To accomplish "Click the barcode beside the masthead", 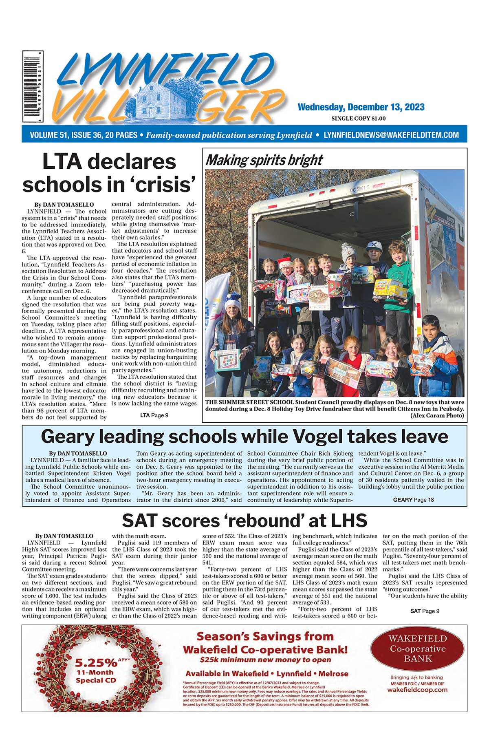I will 33,86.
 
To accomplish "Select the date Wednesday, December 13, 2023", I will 361,107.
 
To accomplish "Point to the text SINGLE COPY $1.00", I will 359,119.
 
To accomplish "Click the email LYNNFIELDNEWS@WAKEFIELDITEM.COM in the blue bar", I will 391,135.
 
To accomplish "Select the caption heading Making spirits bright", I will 264,160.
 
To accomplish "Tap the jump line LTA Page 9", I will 154,415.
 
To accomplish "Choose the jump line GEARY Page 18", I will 413,500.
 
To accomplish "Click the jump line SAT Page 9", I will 425,611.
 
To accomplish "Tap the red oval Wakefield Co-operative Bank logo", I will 417,648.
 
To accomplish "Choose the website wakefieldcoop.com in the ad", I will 417,690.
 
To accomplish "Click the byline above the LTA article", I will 64,205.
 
